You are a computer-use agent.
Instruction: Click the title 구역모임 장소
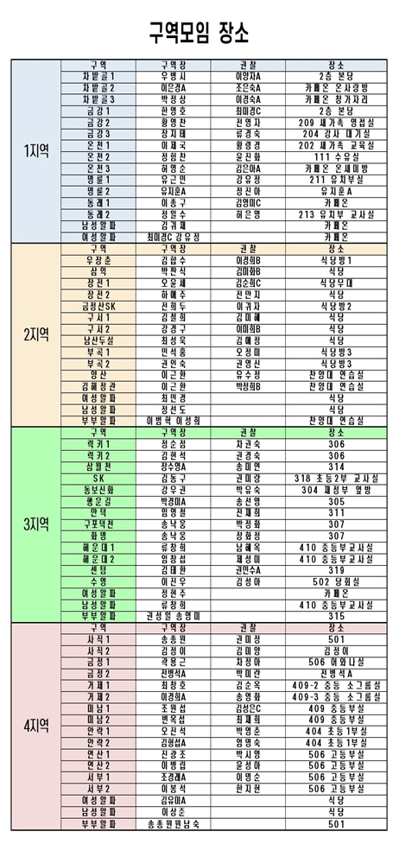tap(199, 33)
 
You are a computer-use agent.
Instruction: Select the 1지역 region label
tap(35, 150)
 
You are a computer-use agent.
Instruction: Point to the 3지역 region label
tap(35, 524)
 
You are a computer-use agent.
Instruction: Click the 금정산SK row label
tap(98, 306)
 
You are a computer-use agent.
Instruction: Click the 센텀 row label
tap(98, 570)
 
